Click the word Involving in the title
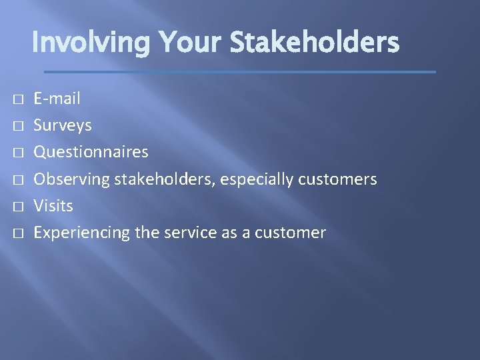91,43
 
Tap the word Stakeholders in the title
314,43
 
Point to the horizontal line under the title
240,71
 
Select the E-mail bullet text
57,99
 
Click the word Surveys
63,125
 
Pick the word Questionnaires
91,152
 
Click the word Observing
72,179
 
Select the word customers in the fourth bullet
338,179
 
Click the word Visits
53,206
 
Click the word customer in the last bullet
296,233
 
